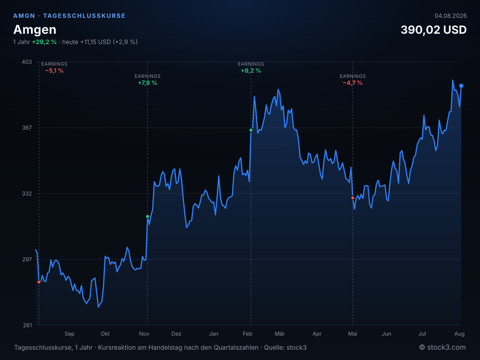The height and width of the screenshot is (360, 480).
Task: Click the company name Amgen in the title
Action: (35, 30)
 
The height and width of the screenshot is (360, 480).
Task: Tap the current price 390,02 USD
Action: (433, 30)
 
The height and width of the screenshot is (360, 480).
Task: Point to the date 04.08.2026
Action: (451, 16)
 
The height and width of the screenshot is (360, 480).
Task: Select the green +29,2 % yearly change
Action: (44, 42)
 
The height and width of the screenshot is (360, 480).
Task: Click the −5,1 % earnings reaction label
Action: (54, 70)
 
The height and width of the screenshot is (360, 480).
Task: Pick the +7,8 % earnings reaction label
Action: (147, 83)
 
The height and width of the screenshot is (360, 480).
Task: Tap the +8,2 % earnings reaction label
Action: (251, 70)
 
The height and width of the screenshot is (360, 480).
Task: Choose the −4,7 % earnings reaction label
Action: (352, 83)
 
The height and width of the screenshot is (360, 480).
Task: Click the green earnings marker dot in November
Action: (147, 216)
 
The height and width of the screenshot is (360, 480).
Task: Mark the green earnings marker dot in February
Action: (251, 130)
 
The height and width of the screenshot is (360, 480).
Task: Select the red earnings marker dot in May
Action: (352, 198)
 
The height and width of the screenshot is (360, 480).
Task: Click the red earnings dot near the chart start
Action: (39, 282)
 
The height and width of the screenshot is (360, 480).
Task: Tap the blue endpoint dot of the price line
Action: (461, 86)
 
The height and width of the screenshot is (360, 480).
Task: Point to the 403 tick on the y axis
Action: (27, 62)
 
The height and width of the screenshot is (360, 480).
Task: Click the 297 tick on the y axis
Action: (27, 259)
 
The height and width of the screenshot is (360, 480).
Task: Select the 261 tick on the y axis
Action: (27, 325)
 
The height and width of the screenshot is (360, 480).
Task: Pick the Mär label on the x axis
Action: (280, 334)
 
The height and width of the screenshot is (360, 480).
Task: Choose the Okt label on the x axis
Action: (105, 334)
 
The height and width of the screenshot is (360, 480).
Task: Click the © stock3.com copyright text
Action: (442, 347)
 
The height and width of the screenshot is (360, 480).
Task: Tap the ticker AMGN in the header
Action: (24, 16)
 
